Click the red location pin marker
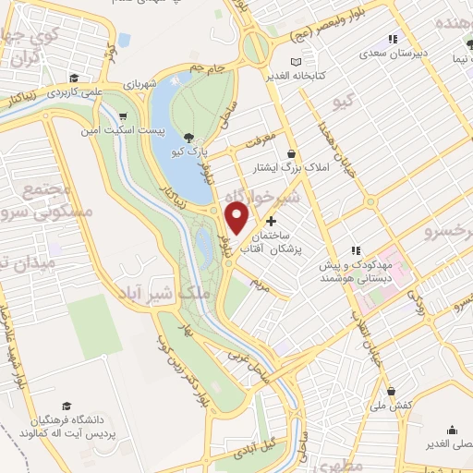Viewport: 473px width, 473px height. pyautogui.click(x=237, y=219)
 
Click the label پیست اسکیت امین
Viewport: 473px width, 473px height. pyautogui.click(x=159, y=131)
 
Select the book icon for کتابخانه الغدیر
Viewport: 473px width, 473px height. pyautogui.click(x=296, y=62)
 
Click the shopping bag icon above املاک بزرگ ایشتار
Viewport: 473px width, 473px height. pyautogui.click(x=292, y=153)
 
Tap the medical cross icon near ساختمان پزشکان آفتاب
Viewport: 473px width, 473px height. pyautogui.click(x=271, y=222)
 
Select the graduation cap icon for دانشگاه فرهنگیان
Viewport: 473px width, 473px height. pyautogui.click(x=67, y=406)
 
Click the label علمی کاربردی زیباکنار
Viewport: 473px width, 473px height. pyautogui.click(x=90, y=92)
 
